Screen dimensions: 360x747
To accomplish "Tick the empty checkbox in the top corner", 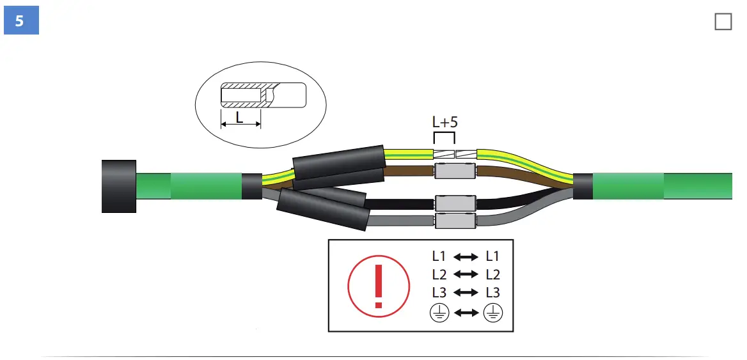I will point(723,22).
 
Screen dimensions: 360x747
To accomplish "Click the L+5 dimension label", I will point(445,122).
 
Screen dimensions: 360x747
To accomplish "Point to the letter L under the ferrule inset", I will point(240,117).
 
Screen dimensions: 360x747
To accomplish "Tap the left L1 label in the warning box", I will point(439,256).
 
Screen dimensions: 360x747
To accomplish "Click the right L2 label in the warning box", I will point(492,275).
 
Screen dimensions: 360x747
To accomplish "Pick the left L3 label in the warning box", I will point(439,293).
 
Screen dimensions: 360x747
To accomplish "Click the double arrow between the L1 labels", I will point(466,257).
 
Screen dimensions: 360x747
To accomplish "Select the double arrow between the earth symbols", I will point(466,313).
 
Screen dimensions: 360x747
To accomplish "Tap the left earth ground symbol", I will point(439,313).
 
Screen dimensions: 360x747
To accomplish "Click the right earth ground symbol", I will point(492,313).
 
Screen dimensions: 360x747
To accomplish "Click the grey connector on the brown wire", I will point(455,171).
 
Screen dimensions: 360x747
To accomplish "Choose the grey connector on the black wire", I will point(455,203).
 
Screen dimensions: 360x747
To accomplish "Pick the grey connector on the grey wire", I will point(455,221).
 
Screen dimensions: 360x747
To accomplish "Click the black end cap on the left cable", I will point(120,186).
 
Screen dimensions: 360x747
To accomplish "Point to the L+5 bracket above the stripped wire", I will point(444,137).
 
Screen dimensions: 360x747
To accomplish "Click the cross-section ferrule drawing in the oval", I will point(262,96).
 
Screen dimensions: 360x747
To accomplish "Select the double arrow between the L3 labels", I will point(466,293).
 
